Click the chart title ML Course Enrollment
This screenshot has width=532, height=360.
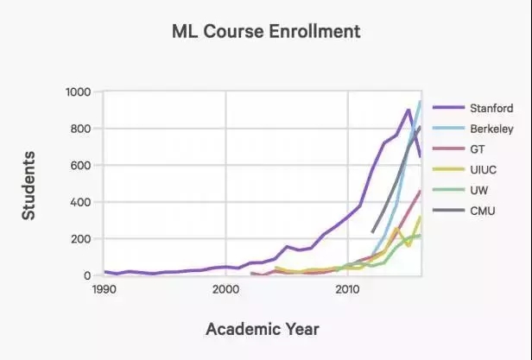pos(265,33)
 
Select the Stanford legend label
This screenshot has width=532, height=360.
pos(491,108)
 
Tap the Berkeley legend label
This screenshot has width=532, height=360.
pos(491,129)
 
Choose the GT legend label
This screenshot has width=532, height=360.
pos(478,149)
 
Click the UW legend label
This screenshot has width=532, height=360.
pos(479,190)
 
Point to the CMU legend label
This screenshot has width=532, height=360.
pos(483,210)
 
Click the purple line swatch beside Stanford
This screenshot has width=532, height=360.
pos(446,108)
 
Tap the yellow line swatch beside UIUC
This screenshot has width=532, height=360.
pos(446,169)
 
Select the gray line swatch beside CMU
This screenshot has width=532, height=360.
pos(446,210)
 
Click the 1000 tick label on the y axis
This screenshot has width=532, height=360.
pos(79,92)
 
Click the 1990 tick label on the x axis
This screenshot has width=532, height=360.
pos(104,289)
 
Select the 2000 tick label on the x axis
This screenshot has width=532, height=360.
pos(225,289)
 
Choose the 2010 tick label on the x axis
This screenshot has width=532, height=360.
pos(347,289)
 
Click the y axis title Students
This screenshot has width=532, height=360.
pos(28,185)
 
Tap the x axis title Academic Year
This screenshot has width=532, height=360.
pos(262,329)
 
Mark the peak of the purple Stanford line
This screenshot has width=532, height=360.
pos(408,110)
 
